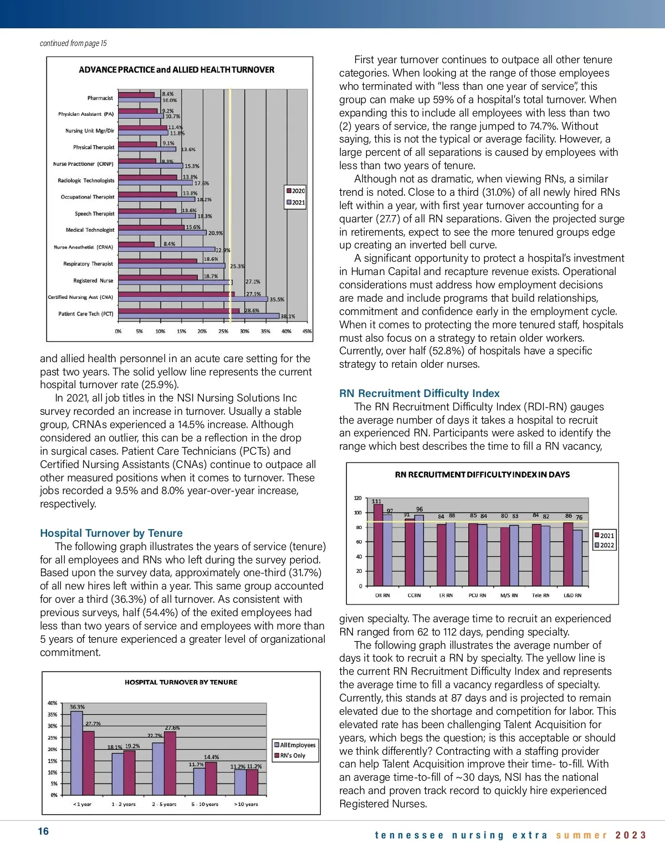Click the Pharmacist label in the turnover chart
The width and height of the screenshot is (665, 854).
[x=100, y=98]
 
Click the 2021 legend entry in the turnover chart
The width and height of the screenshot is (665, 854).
[x=295, y=202]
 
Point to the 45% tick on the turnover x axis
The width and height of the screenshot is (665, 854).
[x=307, y=332]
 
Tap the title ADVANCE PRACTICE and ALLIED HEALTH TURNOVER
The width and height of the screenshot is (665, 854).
[x=176, y=70]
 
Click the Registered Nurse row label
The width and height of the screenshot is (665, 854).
[x=93, y=281]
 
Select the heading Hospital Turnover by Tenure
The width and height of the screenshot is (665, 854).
[x=111, y=533]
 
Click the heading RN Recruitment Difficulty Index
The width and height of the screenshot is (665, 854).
[x=419, y=393]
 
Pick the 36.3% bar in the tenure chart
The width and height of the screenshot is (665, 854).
[x=76, y=753]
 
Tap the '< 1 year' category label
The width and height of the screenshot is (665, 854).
[x=82, y=804]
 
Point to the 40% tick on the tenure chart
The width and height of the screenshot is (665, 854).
[x=53, y=703]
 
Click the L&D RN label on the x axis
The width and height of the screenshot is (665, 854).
[x=572, y=596]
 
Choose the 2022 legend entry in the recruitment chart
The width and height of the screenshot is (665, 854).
[x=604, y=545]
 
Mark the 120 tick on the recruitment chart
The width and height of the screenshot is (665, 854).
[x=357, y=498]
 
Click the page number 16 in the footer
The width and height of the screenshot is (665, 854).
[x=43, y=831]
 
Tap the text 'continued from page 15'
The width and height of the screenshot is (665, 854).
[x=73, y=43]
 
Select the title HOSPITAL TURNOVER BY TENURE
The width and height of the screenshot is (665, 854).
[x=181, y=682]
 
